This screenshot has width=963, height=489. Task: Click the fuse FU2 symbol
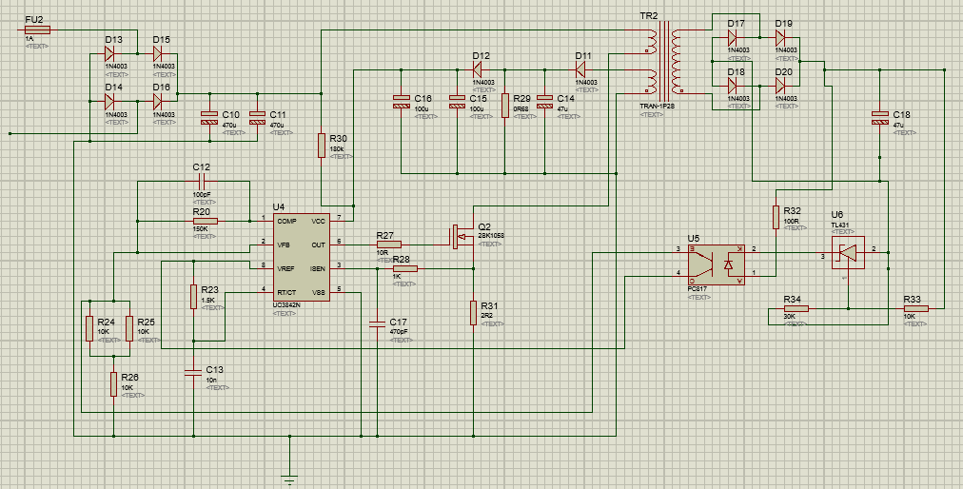tap(36, 29)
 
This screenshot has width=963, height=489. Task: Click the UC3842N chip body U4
tap(301, 257)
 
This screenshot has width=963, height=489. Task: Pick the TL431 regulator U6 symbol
tap(847, 252)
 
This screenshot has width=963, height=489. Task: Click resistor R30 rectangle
tap(322, 146)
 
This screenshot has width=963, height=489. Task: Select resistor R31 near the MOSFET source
tap(472, 312)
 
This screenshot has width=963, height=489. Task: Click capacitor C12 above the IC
tap(201, 181)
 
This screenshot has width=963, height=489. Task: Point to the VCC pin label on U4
tap(318, 220)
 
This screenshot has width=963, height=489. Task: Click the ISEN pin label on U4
tap(317, 268)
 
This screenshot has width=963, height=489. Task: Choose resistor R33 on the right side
tap(915, 308)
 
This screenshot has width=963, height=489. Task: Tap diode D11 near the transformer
tap(582, 69)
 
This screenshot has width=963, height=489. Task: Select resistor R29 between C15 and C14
tap(505, 105)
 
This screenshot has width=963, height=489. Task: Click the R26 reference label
tap(129, 377)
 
